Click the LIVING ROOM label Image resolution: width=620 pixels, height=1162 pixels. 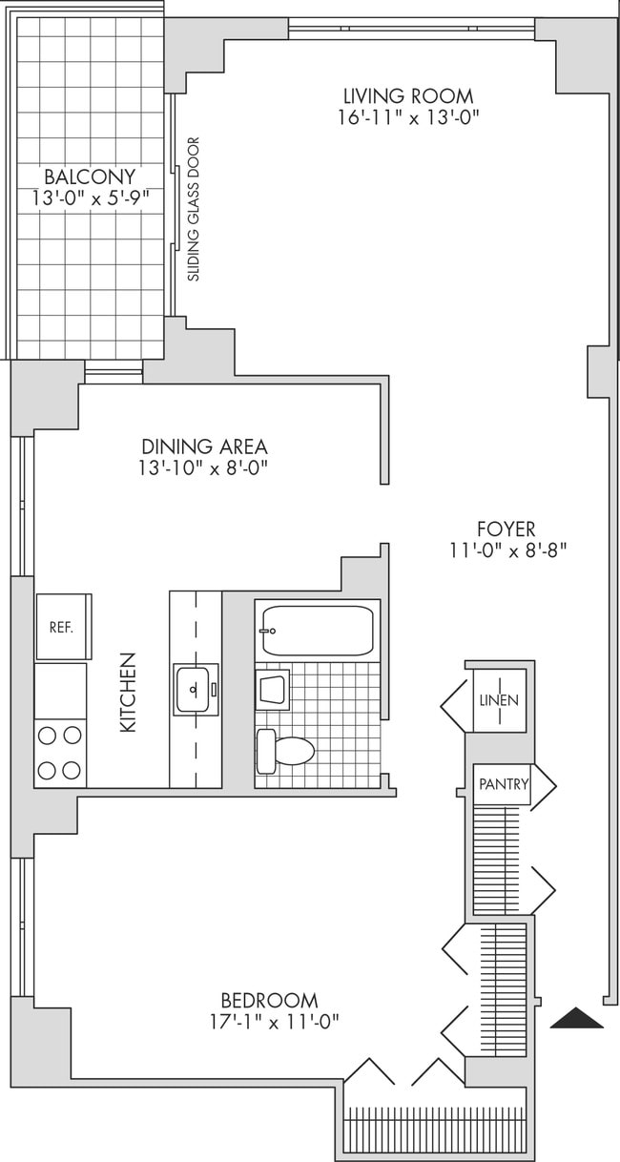[x=408, y=96]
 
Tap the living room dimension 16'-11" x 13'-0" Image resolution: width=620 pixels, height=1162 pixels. [x=408, y=118]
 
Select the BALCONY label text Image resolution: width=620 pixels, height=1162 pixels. [x=89, y=176]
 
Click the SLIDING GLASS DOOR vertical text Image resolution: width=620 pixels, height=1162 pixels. [x=194, y=210]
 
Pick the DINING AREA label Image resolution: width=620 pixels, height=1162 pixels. [x=204, y=446]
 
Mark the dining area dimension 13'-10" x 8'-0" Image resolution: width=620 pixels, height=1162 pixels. [x=204, y=468]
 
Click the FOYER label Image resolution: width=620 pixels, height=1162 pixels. [x=506, y=529]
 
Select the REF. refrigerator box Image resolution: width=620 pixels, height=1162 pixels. [x=63, y=627]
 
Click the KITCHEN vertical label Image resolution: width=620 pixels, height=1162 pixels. [x=128, y=693]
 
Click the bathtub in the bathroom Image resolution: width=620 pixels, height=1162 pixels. [x=317, y=631]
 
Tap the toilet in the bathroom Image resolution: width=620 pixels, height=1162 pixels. [x=286, y=750]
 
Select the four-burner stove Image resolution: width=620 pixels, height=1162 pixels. [x=60, y=753]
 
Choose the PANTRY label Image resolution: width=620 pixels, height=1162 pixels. [x=504, y=784]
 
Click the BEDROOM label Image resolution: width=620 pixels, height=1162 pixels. [x=269, y=1001]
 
